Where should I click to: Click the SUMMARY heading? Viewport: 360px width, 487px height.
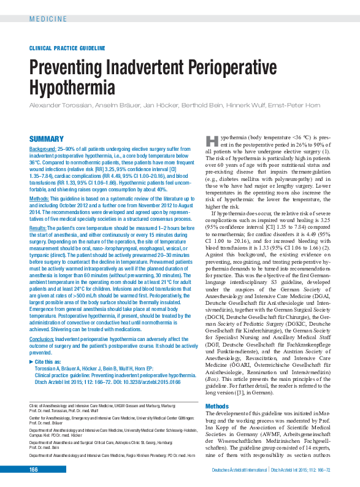tap(47, 139)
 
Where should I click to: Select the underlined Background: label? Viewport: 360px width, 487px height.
tap(43, 149)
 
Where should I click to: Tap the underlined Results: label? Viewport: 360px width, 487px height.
tap(39, 228)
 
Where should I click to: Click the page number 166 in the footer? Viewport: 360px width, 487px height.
tap(34, 469)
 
